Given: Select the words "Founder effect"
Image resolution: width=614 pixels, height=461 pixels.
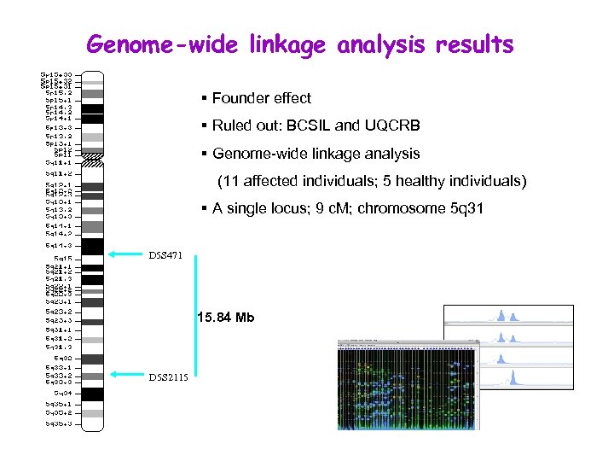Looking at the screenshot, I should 262,98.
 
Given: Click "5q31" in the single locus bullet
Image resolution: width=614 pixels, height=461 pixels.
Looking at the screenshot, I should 465,208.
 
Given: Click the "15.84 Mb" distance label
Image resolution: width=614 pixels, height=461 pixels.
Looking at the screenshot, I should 225,318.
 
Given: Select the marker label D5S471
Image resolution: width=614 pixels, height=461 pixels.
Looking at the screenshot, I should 165,254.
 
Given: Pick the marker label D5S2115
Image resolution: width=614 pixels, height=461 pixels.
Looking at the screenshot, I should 167,376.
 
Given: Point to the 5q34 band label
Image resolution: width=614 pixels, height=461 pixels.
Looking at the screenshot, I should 61,393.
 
